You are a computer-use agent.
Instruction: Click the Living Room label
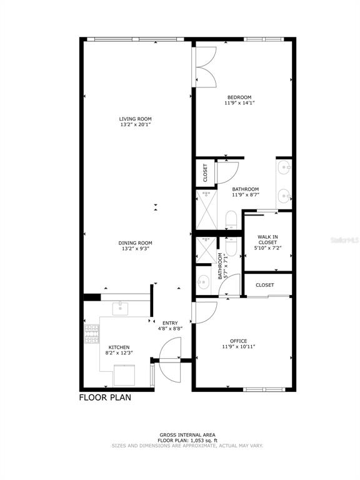click(x=136, y=119)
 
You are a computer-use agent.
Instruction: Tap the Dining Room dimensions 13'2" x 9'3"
click(x=136, y=249)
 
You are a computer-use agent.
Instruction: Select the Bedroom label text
click(x=239, y=97)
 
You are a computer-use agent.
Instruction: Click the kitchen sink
click(x=121, y=307)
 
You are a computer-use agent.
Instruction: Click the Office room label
click(x=239, y=341)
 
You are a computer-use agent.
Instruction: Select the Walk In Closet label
click(x=267, y=239)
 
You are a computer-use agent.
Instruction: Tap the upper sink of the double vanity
click(x=284, y=167)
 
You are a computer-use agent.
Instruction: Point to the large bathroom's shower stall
click(x=206, y=210)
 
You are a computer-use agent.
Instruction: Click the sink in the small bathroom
click(x=203, y=280)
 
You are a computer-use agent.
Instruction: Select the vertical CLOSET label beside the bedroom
click(x=205, y=172)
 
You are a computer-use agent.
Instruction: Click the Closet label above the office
click(x=264, y=285)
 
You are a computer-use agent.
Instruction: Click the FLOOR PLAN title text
click(x=105, y=397)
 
